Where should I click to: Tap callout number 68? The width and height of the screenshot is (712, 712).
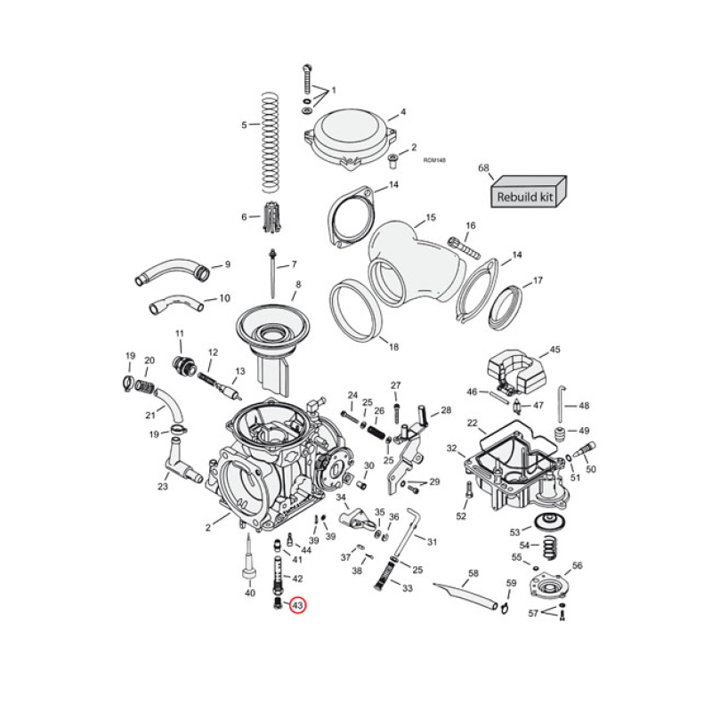(484, 167)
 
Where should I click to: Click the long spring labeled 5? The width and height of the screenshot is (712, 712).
(271, 142)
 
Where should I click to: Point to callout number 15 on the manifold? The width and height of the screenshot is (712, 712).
(430, 217)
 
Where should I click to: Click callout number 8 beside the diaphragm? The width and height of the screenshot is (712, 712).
(298, 285)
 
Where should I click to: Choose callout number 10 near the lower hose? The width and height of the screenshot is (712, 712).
(224, 297)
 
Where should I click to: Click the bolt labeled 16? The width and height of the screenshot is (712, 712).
(458, 242)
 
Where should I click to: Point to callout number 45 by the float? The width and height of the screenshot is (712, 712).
(554, 350)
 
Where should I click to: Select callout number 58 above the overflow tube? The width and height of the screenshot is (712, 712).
(473, 573)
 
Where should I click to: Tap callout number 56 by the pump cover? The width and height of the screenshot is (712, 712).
(577, 565)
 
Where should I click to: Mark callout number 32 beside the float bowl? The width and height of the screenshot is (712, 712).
(451, 449)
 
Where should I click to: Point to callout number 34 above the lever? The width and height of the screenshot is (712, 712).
(340, 498)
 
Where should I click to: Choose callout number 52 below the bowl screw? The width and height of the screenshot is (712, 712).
(461, 516)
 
